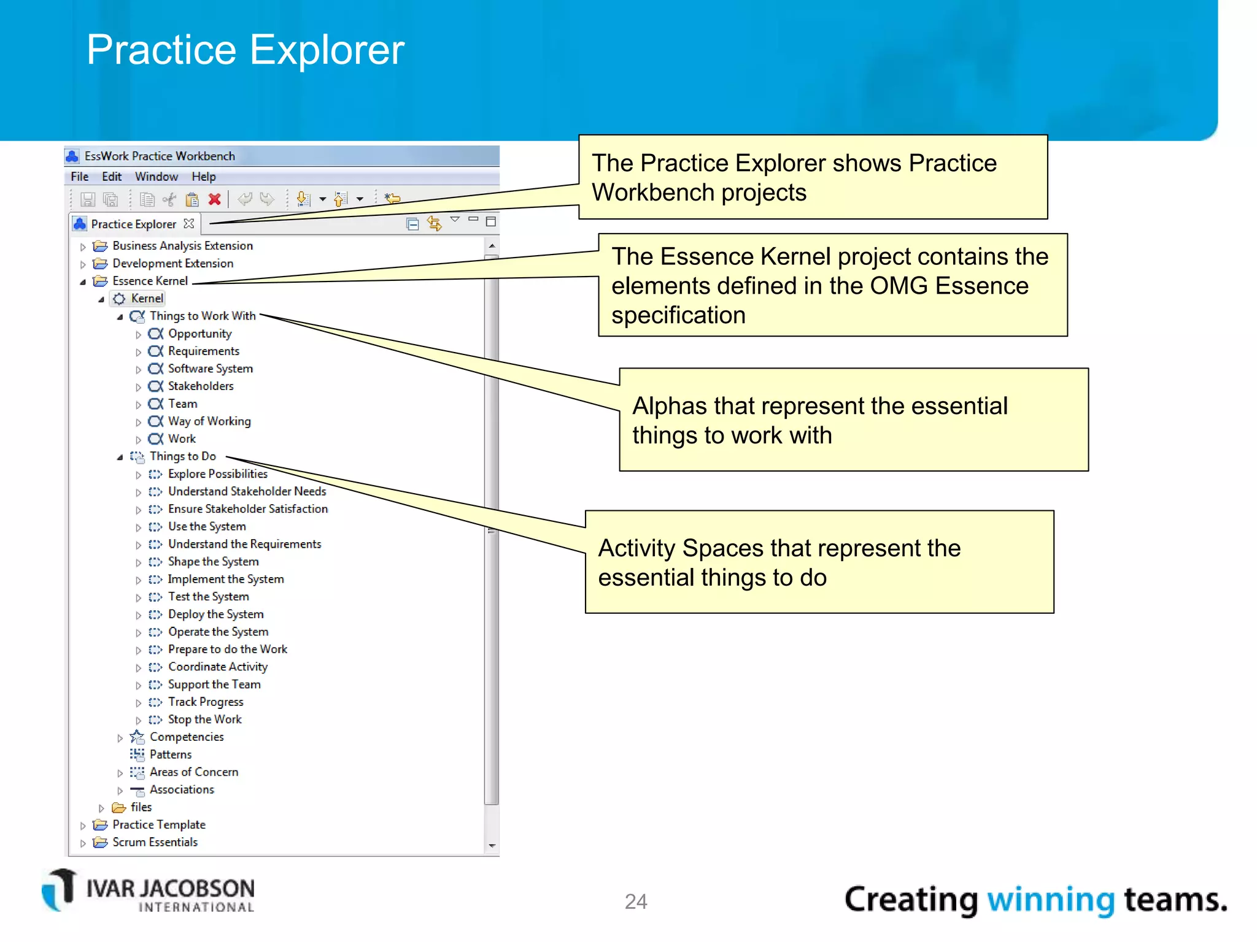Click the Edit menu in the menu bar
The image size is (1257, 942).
(111, 177)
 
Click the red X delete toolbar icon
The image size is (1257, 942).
(214, 199)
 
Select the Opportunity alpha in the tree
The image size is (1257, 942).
(199, 334)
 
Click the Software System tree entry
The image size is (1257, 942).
(210, 369)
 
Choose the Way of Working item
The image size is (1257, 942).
(209, 421)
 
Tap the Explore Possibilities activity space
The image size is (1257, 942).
(217, 474)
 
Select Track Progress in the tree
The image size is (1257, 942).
(205, 702)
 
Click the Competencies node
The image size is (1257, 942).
(186, 737)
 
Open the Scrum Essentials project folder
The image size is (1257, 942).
(155, 842)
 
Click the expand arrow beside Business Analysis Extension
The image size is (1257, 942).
(83, 247)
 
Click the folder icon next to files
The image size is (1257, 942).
(119, 808)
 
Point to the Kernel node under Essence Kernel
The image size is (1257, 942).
(147, 299)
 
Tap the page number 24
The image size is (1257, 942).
(635, 901)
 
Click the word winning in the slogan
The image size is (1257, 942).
(1050, 900)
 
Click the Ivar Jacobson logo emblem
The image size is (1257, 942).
(60, 889)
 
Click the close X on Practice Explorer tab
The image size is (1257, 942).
(189, 224)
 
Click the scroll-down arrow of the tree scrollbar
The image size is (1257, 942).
(492, 846)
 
